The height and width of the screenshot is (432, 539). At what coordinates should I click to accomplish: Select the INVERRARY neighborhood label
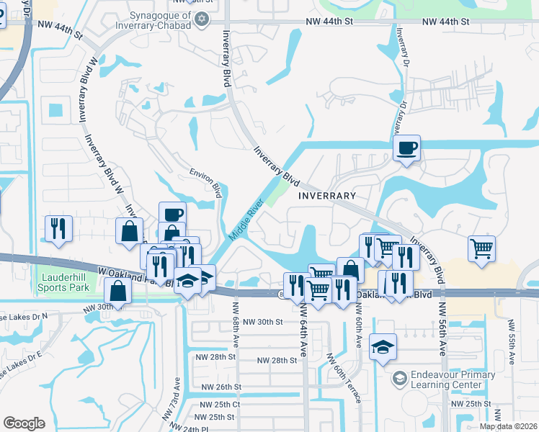pyautogui.click(x=328, y=196)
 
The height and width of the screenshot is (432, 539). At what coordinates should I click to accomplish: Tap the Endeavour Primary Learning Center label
pyautogui.click(x=453, y=379)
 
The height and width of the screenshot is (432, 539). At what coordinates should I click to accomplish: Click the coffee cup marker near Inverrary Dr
pyautogui.click(x=406, y=148)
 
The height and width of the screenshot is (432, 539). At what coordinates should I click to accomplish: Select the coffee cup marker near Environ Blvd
pyautogui.click(x=172, y=215)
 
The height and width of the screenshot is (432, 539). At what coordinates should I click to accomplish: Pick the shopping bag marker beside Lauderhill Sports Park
pyautogui.click(x=117, y=292)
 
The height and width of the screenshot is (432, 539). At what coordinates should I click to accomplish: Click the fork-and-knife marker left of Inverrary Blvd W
pyautogui.click(x=58, y=228)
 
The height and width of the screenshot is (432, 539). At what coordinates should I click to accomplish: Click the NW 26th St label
pyautogui.click(x=222, y=387)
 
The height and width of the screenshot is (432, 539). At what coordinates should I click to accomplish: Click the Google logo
pyautogui.click(x=24, y=423)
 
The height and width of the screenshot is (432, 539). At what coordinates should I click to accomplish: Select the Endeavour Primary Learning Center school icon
pyautogui.click(x=399, y=378)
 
